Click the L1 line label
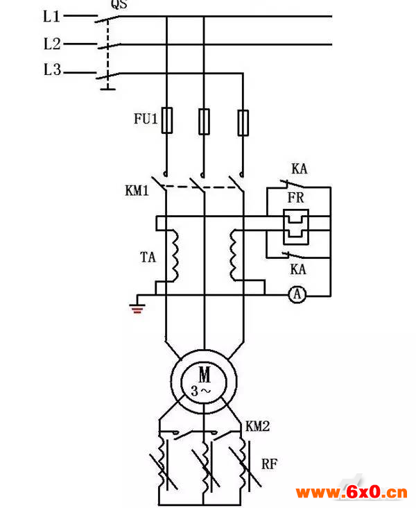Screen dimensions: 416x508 [51, 16]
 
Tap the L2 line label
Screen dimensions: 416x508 [52, 44]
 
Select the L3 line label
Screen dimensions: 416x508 [52, 69]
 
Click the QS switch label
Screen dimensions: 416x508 [119, 4]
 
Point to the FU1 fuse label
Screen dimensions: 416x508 [146, 119]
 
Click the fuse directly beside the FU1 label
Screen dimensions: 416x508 [166, 120]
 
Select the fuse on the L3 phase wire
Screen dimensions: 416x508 [243, 122]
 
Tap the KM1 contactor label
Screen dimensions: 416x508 [137, 190]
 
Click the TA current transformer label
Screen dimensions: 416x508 [148, 257]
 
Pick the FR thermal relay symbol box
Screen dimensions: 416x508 [296, 227]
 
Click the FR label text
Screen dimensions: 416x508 [296, 198]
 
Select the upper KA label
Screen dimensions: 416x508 [299, 169]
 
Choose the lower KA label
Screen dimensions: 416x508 [298, 269]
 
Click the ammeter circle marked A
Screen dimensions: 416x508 [297, 294]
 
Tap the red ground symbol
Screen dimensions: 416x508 [137, 308]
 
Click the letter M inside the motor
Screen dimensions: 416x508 [205, 375]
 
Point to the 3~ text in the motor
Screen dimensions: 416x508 [200, 391]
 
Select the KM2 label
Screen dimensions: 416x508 [257, 426]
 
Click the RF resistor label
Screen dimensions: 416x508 [269, 464]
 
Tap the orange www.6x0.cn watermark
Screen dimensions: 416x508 [352, 493]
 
